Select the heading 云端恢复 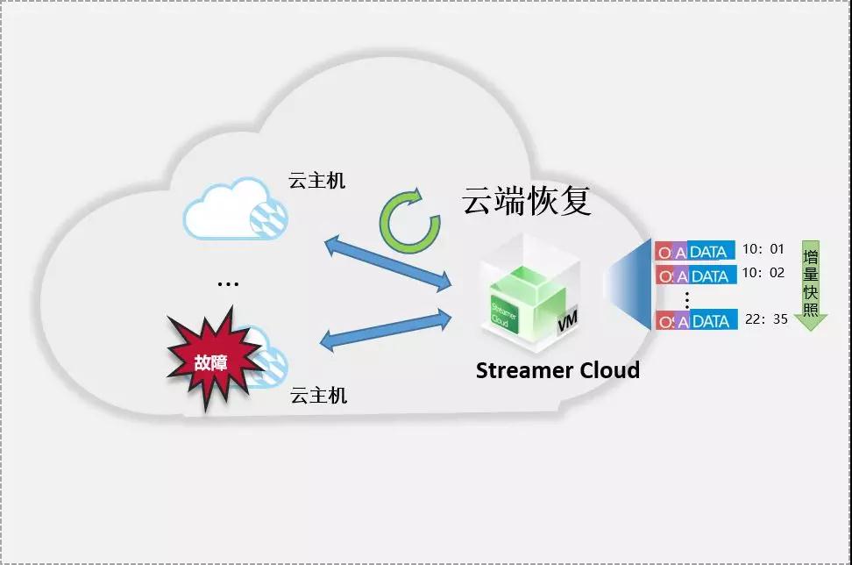coord(527,201)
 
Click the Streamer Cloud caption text coord(557,370)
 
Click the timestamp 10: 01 coord(763,249)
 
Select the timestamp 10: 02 coord(763,273)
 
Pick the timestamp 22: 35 coord(766,319)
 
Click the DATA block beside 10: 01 coord(711,251)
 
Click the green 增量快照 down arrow coord(811,285)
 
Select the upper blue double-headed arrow coord(388,263)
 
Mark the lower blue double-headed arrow coord(386,330)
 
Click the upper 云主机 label coord(316,181)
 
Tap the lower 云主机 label coord(318,396)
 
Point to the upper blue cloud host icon coord(235,209)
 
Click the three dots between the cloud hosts coord(228,284)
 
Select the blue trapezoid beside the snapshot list coord(629,284)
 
